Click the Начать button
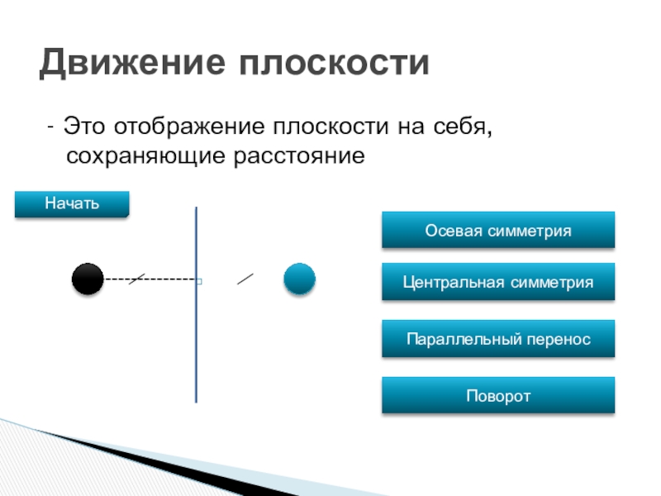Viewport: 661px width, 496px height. (72, 203)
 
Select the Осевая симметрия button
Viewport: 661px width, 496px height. (498, 230)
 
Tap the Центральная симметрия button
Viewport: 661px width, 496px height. (498, 282)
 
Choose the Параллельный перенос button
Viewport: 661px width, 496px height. (498, 339)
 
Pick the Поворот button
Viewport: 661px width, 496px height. (498, 396)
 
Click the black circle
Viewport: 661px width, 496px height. (87, 279)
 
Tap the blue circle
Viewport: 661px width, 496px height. (299, 279)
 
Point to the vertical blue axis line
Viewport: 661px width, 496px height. (197, 347)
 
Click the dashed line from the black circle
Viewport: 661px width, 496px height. (157, 279)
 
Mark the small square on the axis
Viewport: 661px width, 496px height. (199, 282)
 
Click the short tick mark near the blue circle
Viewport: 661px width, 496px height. (245, 279)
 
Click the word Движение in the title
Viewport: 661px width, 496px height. (132, 64)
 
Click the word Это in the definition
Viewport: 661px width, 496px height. (87, 128)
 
